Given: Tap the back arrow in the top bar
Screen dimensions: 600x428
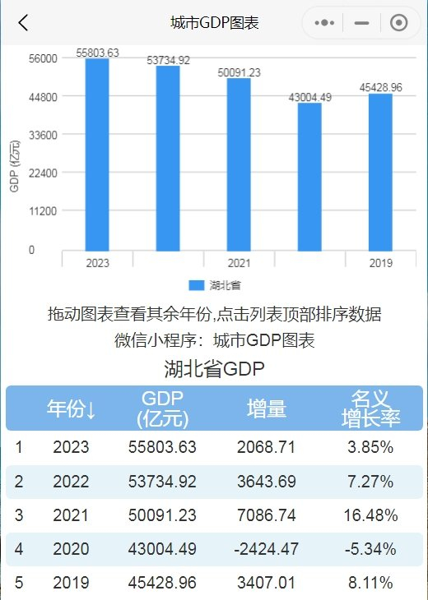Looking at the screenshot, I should click(23, 23).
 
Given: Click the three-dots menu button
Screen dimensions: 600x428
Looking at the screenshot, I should click(323, 23).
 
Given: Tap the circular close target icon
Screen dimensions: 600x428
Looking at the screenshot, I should click(399, 23).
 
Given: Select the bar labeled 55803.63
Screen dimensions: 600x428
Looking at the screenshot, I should click(97, 155).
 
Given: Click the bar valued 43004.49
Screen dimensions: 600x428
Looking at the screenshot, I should click(309, 177).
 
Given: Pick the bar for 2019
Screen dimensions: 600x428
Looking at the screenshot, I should click(380, 173).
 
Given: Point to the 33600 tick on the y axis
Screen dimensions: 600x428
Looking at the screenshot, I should click(42, 135).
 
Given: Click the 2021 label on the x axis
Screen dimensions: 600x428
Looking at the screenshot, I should click(239, 263).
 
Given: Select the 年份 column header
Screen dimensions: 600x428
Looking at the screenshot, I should click(71, 409).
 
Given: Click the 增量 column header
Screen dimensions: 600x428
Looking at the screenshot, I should click(267, 408).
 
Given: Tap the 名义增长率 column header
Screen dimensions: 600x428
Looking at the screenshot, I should click(370, 408).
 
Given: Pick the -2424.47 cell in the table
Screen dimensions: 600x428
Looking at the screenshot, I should click(267, 548).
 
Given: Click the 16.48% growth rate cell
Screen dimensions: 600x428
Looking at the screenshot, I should click(370, 515).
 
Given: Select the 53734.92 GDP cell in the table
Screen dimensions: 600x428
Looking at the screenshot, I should click(162, 482).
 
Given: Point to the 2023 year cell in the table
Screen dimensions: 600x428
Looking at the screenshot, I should click(71, 448).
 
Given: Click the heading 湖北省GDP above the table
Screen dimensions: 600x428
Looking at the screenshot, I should click(214, 367).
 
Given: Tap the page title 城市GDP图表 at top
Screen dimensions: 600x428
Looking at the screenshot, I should click(214, 23).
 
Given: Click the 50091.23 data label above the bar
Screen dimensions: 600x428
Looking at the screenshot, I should click(239, 72).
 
